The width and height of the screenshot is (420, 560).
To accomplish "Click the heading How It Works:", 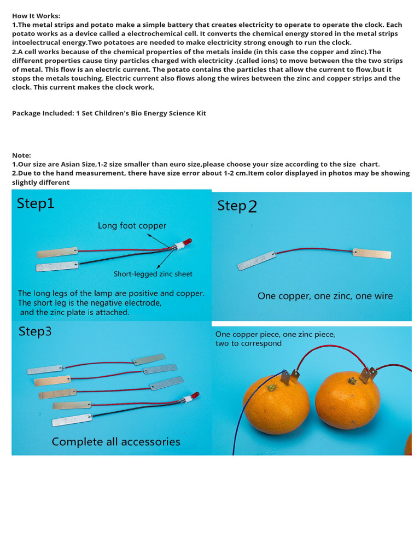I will click(x=36, y=16).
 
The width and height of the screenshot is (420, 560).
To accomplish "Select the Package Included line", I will click(x=109, y=113).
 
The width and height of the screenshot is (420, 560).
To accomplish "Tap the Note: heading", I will click(x=22, y=155).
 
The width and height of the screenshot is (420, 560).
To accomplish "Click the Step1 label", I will click(x=36, y=203).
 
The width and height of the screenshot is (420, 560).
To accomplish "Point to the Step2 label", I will click(x=237, y=206).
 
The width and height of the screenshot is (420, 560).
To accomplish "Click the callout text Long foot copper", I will click(x=132, y=225).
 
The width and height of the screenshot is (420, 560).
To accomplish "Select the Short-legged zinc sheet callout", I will click(x=153, y=274).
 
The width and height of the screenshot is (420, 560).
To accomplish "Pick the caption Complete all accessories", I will click(x=116, y=441).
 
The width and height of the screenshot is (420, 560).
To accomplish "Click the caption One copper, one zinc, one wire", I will click(x=325, y=296).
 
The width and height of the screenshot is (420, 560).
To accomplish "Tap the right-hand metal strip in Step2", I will click(x=372, y=253).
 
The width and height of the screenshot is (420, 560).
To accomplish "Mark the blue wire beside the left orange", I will click(x=240, y=421).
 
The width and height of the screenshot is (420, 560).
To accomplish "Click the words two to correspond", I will click(x=248, y=343).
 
